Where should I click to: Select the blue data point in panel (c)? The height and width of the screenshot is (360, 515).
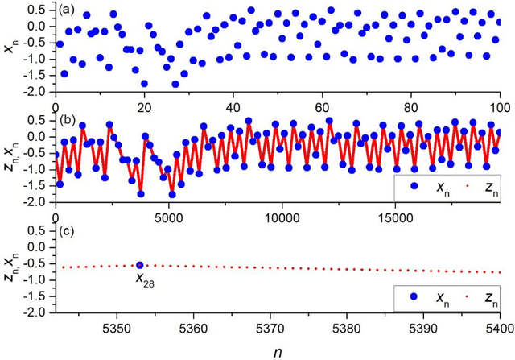click(140, 265)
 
